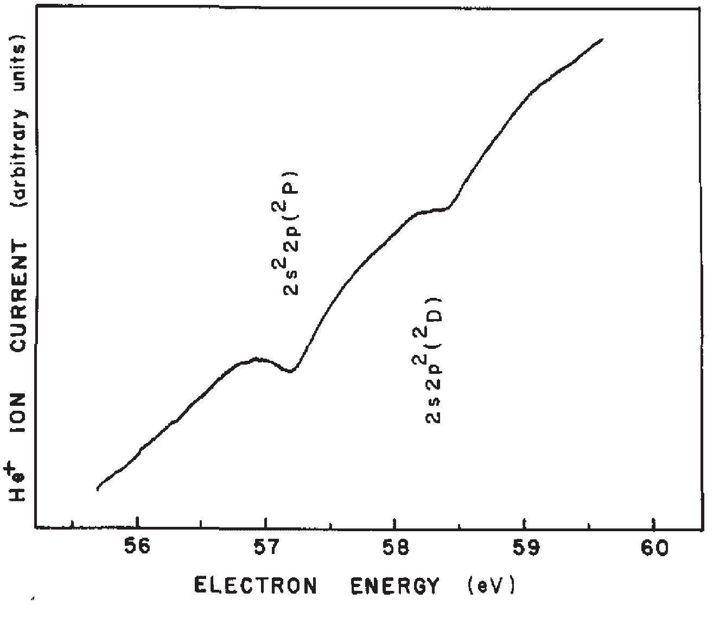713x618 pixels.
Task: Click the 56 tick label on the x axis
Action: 138,548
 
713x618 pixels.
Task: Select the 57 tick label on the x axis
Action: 265,548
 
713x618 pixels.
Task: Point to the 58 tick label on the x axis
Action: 394,548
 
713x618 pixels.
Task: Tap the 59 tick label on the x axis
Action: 524,548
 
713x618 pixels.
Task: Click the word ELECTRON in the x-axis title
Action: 255,586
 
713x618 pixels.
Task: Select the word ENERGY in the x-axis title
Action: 394,586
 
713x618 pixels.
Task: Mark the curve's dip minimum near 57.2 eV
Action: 291,371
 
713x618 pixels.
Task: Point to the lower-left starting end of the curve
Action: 98,488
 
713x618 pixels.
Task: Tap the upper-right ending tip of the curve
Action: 602,39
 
